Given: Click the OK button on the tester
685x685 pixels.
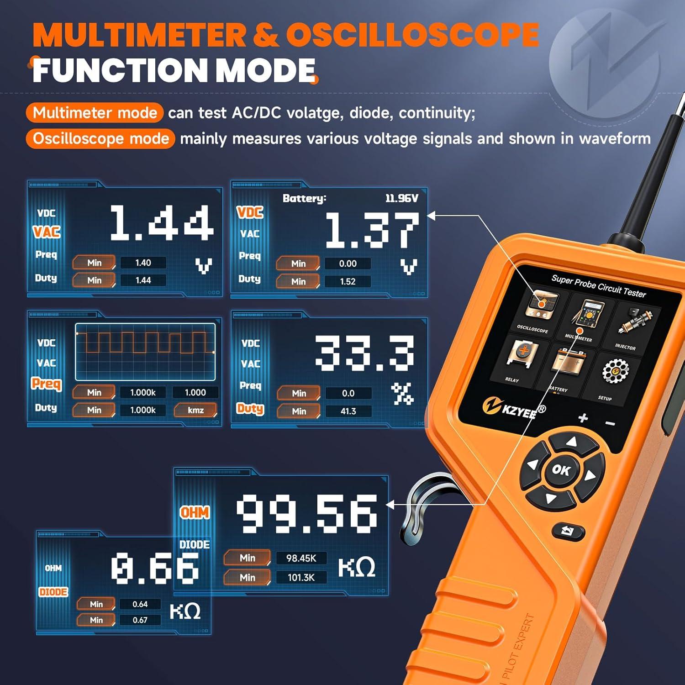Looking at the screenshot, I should tap(561, 470).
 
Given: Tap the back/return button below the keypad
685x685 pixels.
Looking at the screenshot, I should tap(568, 531).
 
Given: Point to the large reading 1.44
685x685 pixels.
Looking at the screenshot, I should tap(161, 223).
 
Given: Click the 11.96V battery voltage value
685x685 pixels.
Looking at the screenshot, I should tap(401, 198).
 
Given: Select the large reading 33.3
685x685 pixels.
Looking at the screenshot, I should tap(364, 352).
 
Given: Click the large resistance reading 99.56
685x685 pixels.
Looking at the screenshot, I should tap(306, 514).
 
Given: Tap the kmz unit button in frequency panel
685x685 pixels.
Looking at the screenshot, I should tap(195, 410).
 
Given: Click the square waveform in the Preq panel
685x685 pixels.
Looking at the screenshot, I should tap(145, 352).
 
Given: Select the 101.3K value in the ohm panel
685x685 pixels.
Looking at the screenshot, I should tap(301, 577).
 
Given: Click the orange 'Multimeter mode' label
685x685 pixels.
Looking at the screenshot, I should tap(95, 113).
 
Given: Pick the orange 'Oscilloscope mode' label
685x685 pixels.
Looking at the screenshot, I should tap(100, 138).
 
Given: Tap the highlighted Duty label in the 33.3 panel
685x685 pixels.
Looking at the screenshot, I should tap(250, 408).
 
